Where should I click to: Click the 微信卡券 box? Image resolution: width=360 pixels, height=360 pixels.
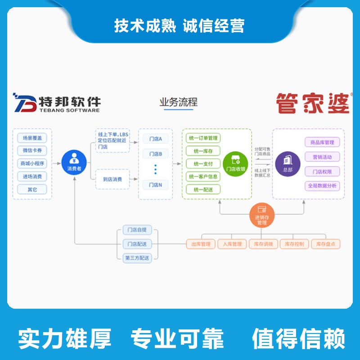click(x=32, y=151)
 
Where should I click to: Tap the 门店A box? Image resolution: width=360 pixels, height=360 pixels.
click(x=155, y=139)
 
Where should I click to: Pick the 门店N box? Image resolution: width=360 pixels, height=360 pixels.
click(x=155, y=184)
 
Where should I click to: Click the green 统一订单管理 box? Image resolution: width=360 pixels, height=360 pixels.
click(x=203, y=138)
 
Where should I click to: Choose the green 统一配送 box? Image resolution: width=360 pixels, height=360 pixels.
click(x=203, y=189)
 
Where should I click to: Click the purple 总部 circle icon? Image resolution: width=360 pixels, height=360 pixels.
click(x=288, y=162)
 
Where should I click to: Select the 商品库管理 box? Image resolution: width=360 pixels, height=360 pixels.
click(x=322, y=143)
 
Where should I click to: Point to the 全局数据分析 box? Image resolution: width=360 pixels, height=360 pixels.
click(x=322, y=185)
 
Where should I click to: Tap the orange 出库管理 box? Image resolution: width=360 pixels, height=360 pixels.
click(x=200, y=244)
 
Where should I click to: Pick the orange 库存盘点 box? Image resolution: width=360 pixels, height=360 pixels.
click(x=325, y=244)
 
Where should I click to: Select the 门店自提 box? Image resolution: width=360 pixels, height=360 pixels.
click(x=137, y=230)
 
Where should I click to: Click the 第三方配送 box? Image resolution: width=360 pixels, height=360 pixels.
click(x=137, y=258)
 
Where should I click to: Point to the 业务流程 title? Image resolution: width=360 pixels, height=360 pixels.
click(x=178, y=103)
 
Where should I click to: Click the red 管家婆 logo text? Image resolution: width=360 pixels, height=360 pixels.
click(x=313, y=103)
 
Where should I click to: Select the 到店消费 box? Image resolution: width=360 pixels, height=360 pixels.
click(x=112, y=179)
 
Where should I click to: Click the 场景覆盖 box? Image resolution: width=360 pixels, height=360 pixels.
click(x=32, y=138)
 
